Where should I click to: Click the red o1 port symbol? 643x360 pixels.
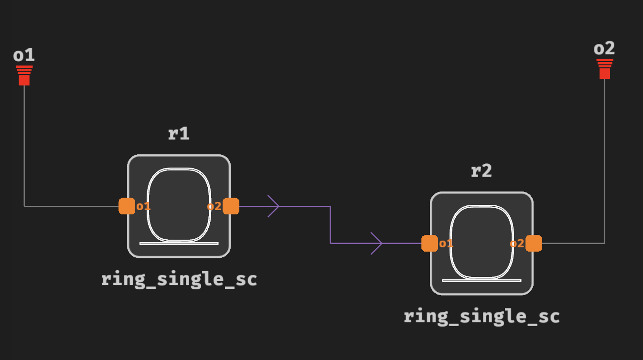pyautogui.click(x=24, y=76)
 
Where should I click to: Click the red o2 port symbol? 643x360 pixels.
pyautogui.click(x=605, y=69)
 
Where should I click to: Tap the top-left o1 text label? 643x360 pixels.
pyautogui.click(x=24, y=55)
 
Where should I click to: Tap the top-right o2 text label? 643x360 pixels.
pyautogui.click(x=604, y=49)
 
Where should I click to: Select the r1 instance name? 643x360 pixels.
pyautogui.click(x=179, y=134)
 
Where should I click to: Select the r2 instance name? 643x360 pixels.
pyautogui.click(x=481, y=171)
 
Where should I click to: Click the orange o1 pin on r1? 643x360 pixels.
pyautogui.click(x=127, y=206)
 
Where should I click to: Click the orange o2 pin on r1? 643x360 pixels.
pyautogui.click(x=231, y=206)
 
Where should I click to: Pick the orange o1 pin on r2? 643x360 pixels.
pyautogui.click(x=429, y=244)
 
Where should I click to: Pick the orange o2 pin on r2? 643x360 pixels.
pyautogui.click(x=534, y=244)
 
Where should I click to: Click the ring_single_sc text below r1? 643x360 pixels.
pyautogui.click(x=179, y=279)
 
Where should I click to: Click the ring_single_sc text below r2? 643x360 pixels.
pyautogui.click(x=482, y=317)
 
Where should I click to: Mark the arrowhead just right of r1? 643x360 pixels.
pyautogui.click(x=274, y=206)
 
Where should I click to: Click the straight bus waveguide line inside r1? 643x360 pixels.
pyautogui.click(x=179, y=244)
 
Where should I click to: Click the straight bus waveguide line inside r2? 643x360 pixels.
pyautogui.click(x=482, y=281)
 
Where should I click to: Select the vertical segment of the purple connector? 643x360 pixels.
pyautogui.click(x=330, y=225)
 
